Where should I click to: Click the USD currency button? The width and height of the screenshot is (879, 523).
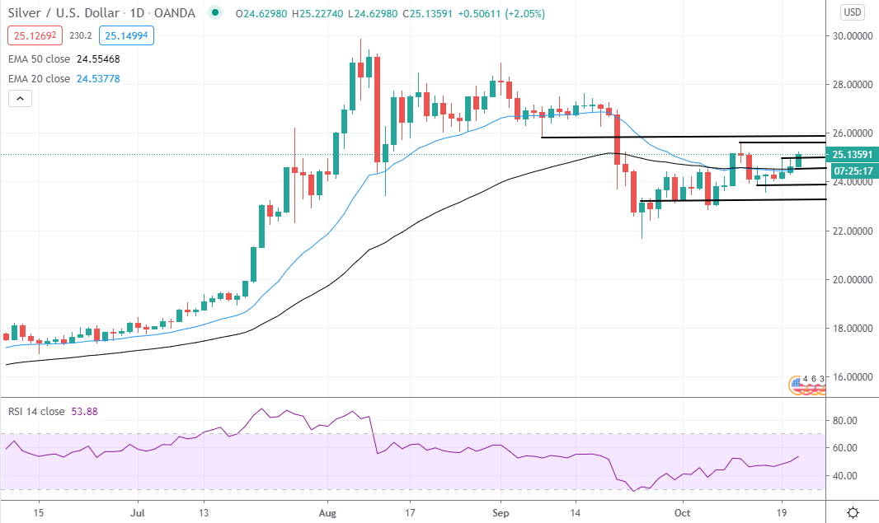pyautogui.click(x=853, y=12)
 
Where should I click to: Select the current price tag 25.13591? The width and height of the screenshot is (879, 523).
pyautogui.click(x=852, y=155)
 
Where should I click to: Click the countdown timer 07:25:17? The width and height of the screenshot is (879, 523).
pyautogui.click(x=852, y=170)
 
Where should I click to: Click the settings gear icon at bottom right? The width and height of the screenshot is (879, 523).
pyautogui.click(x=854, y=511)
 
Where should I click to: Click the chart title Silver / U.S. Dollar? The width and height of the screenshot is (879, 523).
pyautogui.click(x=58, y=14)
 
